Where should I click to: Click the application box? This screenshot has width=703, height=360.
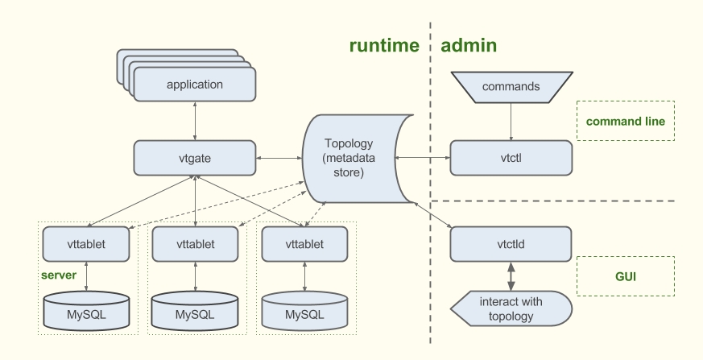pyautogui.click(x=194, y=85)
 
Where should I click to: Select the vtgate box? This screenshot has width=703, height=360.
pyautogui.click(x=194, y=158)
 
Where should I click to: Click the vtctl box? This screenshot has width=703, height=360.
pyautogui.click(x=511, y=158)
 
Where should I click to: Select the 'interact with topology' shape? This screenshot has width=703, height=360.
pyautogui.click(x=511, y=309)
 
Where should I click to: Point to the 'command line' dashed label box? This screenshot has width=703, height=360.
pyautogui.click(x=625, y=122)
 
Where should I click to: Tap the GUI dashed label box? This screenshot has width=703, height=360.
pyautogui.click(x=625, y=277)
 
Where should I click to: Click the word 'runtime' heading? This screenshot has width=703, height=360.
pyautogui.click(x=384, y=46)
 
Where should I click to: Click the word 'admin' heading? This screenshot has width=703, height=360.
pyautogui.click(x=469, y=46)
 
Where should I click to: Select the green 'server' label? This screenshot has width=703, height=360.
pyautogui.click(x=59, y=275)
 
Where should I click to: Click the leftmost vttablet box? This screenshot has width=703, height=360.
pyautogui.click(x=86, y=244)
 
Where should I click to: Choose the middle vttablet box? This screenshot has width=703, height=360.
pyautogui.click(x=195, y=244)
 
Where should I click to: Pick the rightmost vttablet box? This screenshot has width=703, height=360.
pyautogui.click(x=304, y=244)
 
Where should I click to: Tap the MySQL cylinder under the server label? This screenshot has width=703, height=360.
pyautogui.click(x=86, y=312)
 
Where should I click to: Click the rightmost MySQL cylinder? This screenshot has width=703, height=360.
pyautogui.click(x=304, y=312)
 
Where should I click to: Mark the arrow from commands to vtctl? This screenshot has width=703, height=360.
pyautogui.click(x=511, y=122)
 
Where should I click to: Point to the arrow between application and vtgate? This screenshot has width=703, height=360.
pyautogui.click(x=195, y=121)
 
